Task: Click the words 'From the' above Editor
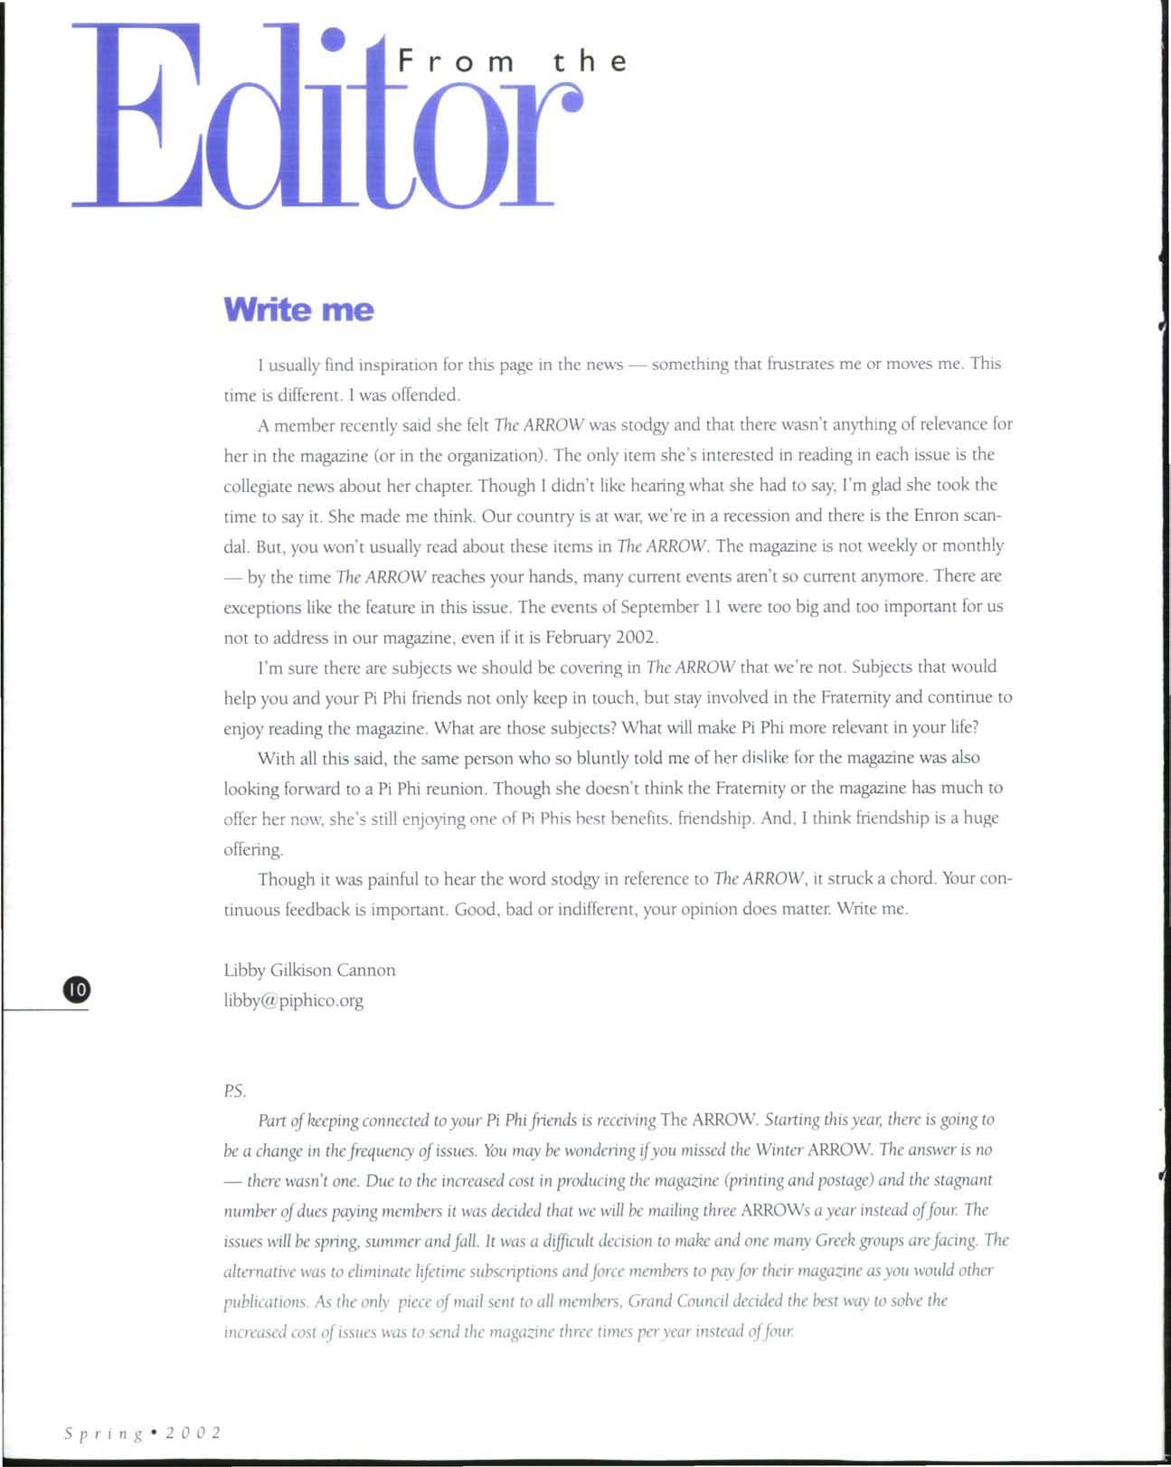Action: (512, 62)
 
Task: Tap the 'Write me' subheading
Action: (298, 310)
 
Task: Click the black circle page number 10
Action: (76, 989)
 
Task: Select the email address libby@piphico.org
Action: (294, 1000)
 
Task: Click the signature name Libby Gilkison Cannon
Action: (309, 970)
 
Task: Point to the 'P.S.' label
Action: (235, 1091)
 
